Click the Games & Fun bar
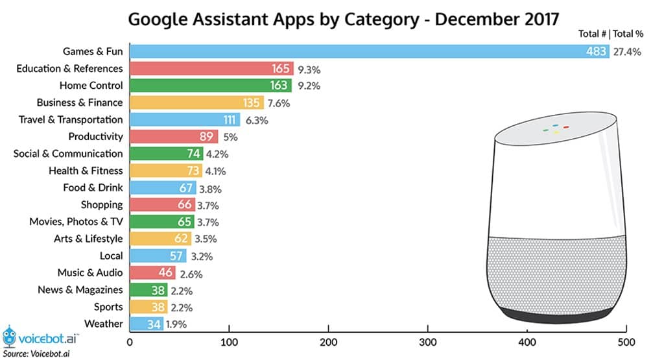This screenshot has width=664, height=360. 370,51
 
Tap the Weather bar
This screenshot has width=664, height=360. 147,323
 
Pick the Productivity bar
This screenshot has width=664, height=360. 174,136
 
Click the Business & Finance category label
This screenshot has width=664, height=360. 79,102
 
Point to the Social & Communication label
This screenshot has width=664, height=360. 68,153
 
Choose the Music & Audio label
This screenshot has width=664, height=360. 89,272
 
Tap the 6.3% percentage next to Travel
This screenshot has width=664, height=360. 256,119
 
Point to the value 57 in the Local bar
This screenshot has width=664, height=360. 176,256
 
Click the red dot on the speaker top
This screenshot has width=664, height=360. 565,127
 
